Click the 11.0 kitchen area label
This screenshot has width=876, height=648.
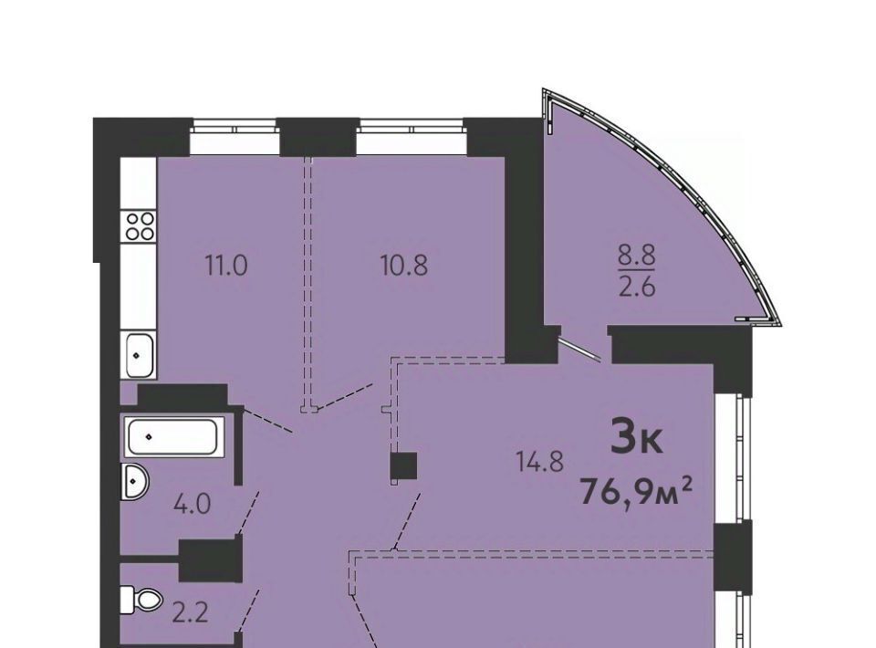point(226,266)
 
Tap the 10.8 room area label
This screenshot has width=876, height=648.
point(404,266)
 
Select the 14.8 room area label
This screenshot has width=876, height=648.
point(539,463)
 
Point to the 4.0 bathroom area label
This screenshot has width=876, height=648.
point(192,505)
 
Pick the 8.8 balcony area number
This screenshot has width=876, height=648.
point(636,257)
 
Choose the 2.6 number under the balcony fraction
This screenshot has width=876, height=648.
point(636,288)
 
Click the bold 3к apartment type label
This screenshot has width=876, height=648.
point(636,437)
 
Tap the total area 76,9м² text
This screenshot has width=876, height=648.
point(637,492)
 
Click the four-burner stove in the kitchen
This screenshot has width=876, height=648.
point(140,225)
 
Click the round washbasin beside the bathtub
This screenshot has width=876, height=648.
point(134,482)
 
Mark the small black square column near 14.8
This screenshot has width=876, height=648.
point(403,465)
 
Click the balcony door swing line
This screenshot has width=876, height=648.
point(581,350)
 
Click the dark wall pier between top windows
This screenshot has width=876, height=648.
point(318,137)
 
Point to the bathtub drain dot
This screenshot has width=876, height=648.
point(148,437)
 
